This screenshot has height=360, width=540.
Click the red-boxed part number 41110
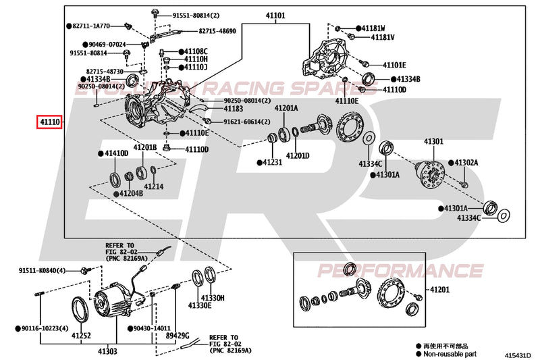point(49,122)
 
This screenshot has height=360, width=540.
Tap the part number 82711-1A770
point(93,26)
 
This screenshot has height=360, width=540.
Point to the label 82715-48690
point(217,31)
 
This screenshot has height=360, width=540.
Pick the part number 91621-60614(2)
point(241,122)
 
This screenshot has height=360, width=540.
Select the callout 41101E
point(394,65)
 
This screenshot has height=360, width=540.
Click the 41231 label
point(272,162)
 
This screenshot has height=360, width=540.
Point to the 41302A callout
point(465,163)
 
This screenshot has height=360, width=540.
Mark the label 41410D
point(115,153)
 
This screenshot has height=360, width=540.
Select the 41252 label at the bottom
point(81,335)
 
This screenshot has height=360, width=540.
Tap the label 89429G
point(178,335)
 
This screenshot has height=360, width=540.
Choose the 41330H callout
point(213,298)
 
